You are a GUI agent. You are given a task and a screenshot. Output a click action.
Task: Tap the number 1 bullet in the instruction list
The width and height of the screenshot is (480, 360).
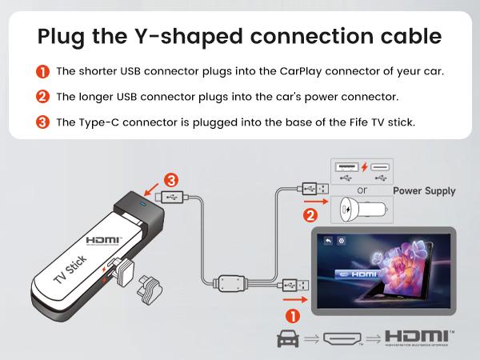pos(43,71)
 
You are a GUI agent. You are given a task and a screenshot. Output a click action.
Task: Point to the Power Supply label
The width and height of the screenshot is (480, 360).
pos(424,191)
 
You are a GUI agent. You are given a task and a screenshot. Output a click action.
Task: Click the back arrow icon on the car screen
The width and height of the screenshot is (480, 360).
pos(329,240)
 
